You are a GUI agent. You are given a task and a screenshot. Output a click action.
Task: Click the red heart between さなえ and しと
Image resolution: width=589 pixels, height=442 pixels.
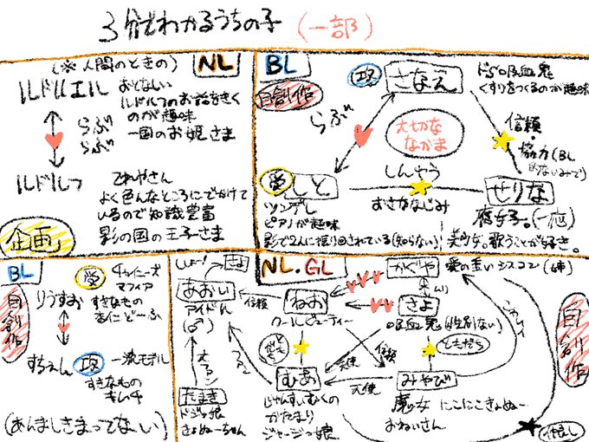coord(361,134)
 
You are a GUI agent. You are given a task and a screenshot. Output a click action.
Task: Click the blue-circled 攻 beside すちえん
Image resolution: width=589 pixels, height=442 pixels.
coord(85,362)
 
